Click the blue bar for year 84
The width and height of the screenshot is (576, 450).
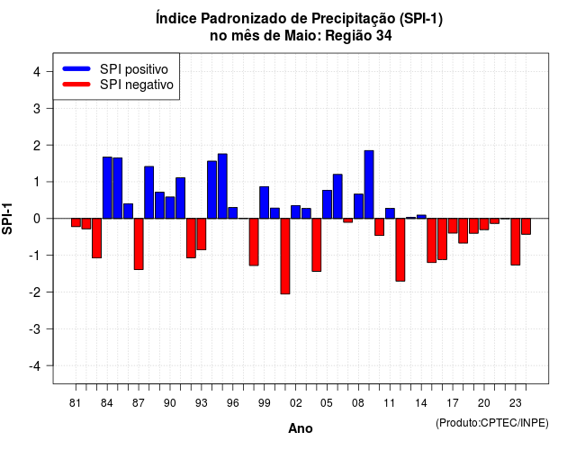107,188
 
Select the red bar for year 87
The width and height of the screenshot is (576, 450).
139,244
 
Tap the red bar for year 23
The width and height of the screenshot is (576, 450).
516,242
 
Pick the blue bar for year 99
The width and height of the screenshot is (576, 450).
264,202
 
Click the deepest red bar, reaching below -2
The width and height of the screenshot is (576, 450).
285,256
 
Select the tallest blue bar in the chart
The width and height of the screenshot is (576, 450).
369,184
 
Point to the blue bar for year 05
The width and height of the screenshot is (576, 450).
327,204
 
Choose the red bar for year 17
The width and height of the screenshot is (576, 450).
453,226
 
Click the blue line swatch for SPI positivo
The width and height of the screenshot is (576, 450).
76,68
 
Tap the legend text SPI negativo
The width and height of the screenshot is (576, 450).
137,85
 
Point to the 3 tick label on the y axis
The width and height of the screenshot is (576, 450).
37,108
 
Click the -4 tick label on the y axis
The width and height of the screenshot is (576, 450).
35,366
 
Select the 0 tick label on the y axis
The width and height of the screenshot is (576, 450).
37,219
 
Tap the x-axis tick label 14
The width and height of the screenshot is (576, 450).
421,403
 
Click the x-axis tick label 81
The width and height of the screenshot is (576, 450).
76,403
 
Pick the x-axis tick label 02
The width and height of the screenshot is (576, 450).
296,403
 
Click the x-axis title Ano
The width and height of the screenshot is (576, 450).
301,428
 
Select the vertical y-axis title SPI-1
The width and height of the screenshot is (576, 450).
7,219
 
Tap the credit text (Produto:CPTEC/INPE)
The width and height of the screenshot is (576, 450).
492,423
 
